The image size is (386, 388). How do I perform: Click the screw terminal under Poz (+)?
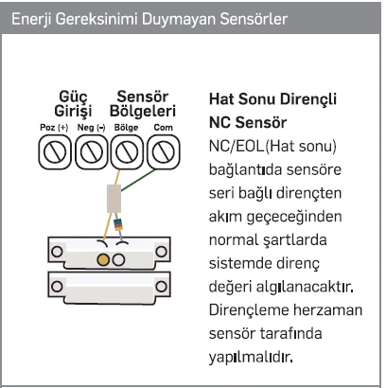(x=55, y=152)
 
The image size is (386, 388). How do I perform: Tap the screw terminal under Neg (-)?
(x=92, y=152)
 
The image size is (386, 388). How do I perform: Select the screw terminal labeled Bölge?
(x=127, y=152)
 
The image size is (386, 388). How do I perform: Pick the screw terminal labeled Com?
(x=164, y=152)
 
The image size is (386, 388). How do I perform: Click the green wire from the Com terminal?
(x=138, y=180)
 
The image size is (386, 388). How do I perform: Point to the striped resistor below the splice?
(x=117, y=224)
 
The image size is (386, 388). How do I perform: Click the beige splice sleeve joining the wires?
(x=114, y=199)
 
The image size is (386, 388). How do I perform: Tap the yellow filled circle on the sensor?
(x=103, y=260)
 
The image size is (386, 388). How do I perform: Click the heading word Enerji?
(x=32, y=19)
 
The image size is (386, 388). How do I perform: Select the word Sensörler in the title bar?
(x=254, y=19)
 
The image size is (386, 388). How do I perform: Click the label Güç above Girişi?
(x=73, y=97)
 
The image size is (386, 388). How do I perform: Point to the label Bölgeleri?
(x=143, y=112)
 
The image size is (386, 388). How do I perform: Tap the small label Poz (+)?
(x=54, y=128)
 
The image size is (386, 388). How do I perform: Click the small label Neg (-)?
(x=91, y=128)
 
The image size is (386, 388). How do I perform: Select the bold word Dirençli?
(x=308, y=99)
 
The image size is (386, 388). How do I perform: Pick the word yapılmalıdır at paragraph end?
(x=251, y=357)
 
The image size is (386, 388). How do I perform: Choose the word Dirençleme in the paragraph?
(x=249, y=310)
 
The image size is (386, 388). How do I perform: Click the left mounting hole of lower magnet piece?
(x=57, y=287)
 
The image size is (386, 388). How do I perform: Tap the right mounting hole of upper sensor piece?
(x=161, y=252)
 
